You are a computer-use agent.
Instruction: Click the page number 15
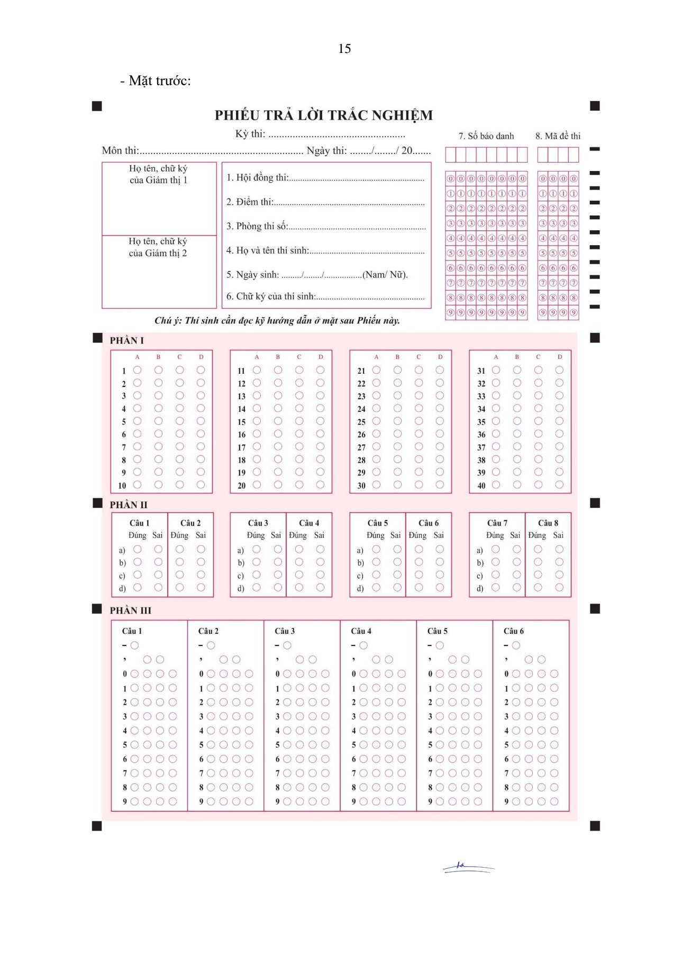click(344, 49)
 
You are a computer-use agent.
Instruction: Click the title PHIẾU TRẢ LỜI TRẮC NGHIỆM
click(323, 115)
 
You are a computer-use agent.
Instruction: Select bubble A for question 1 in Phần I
click(137, 370)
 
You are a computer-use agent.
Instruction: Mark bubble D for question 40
click(559, 484)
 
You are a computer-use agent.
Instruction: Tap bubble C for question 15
click(299, 421)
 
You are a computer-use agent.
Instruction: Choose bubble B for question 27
click(397, 446)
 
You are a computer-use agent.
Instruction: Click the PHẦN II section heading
click(129, 505)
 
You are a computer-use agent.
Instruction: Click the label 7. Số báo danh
click(486, 136)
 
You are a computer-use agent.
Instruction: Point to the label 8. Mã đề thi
click(558, 136)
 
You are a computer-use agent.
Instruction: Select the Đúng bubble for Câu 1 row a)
click(137, 549)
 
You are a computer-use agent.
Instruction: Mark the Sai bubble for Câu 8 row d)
click(559, 587)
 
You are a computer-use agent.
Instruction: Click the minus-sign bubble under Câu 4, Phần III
click(363, 645)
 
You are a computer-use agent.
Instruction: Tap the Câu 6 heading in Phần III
click(513, 631)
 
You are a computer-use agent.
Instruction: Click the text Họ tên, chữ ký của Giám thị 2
click(158, 247)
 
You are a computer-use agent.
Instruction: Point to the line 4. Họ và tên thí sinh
click(325, 250)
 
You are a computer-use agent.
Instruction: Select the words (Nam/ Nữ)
click(385, 275)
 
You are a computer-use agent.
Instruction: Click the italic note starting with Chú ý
click(277, 320)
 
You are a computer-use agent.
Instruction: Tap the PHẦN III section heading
click(130, 610)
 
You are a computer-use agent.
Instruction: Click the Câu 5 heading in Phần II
click(378, 523)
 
